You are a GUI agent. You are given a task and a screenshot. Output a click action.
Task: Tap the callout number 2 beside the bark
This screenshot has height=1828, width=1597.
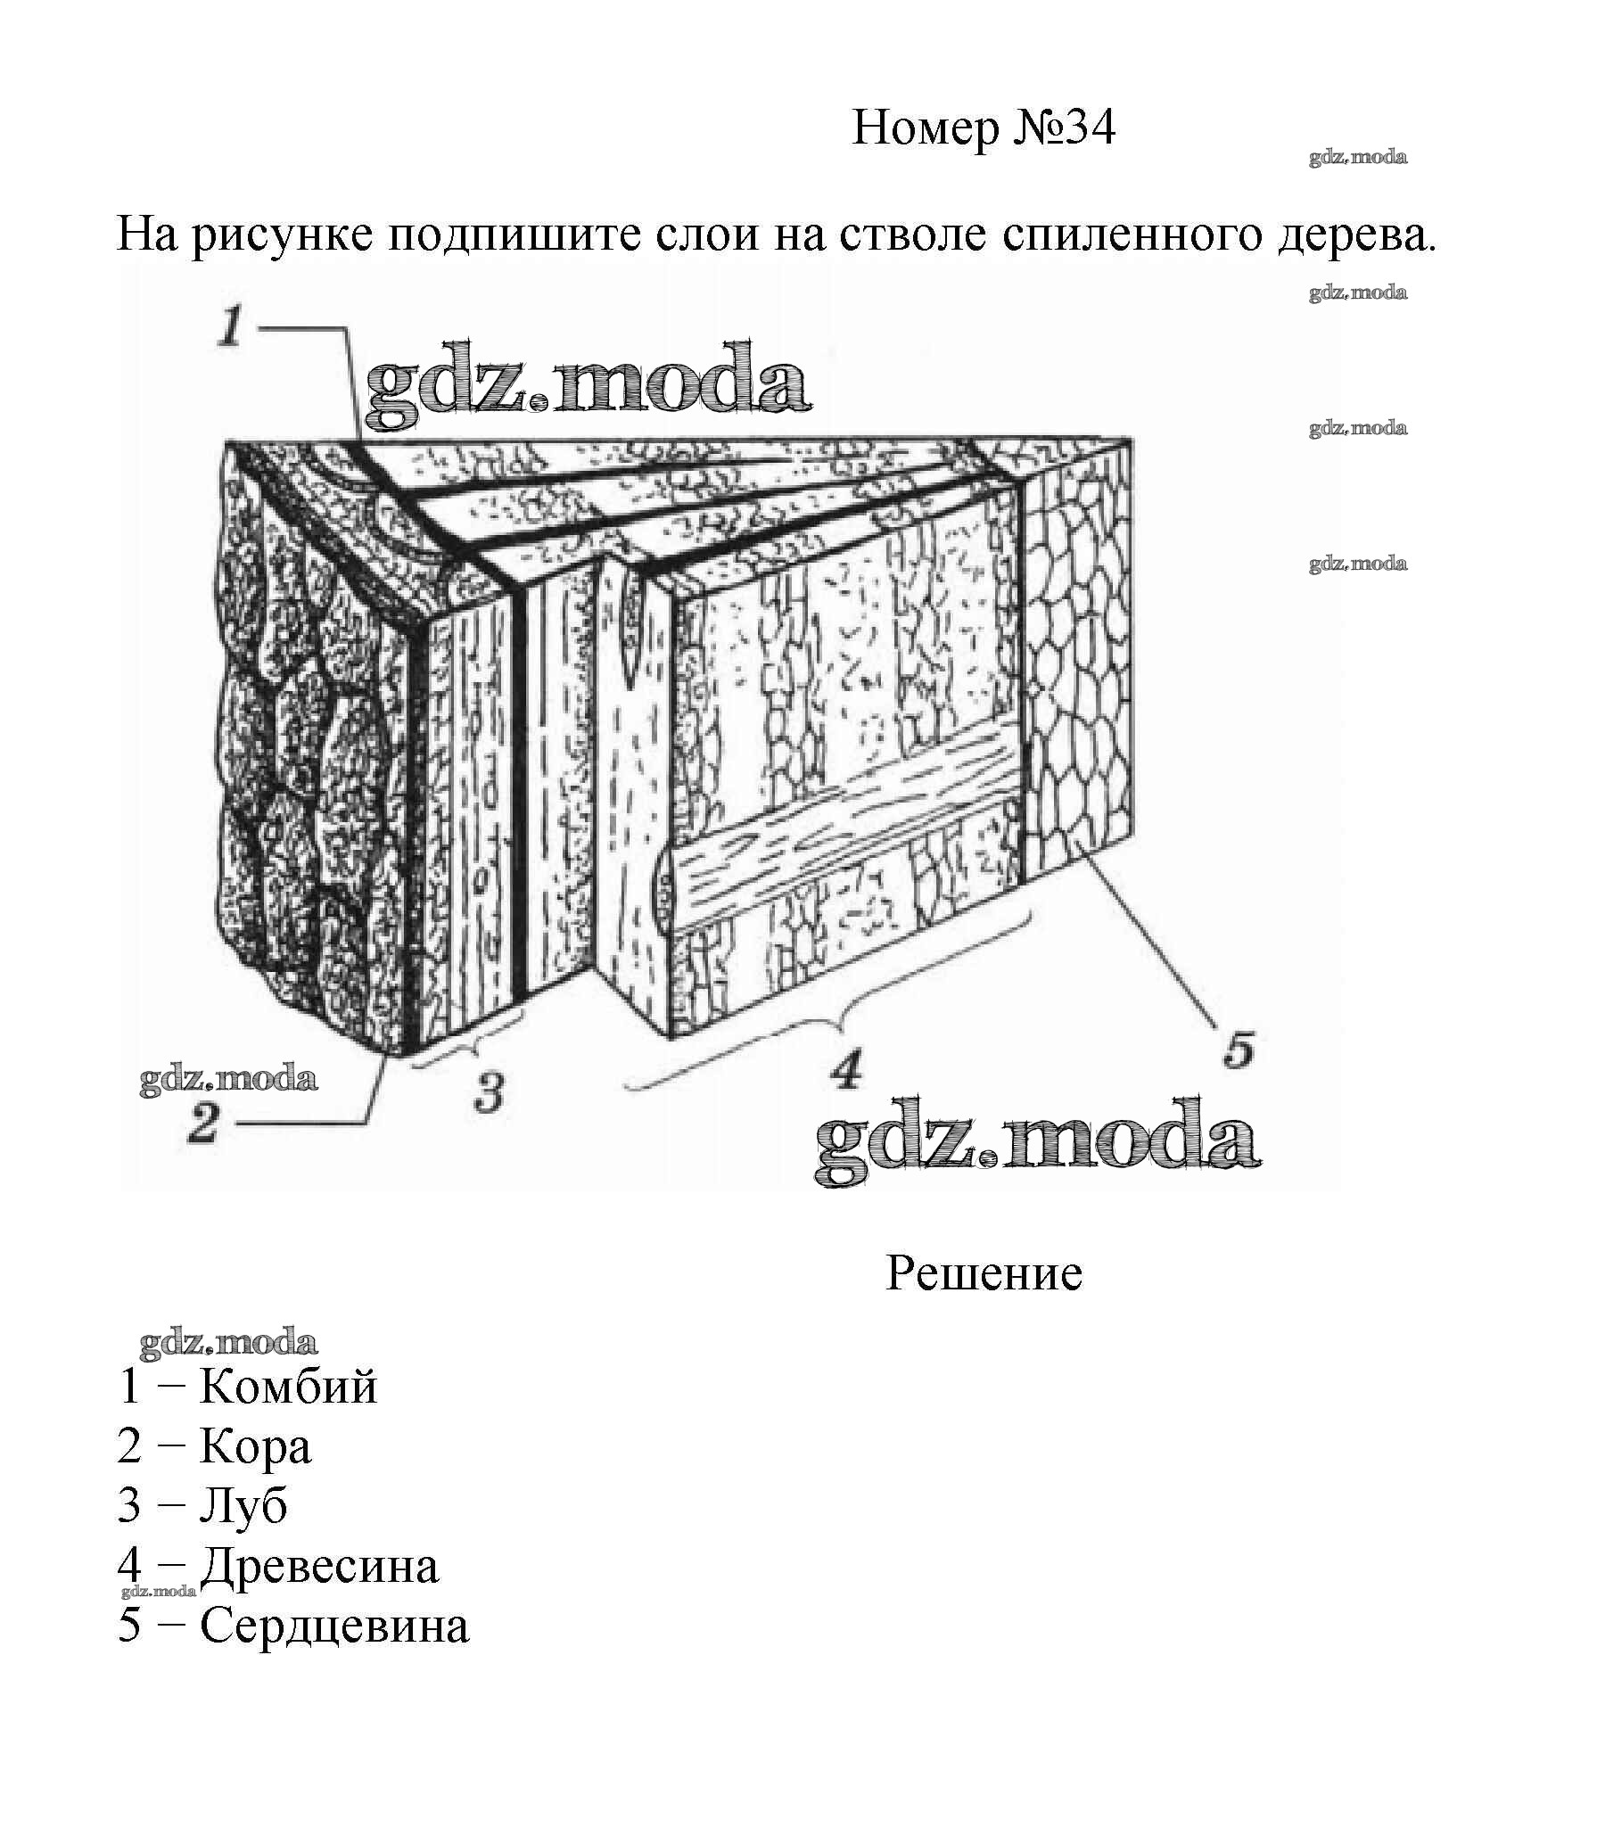pyautogui.click(x=203, y=1123)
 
